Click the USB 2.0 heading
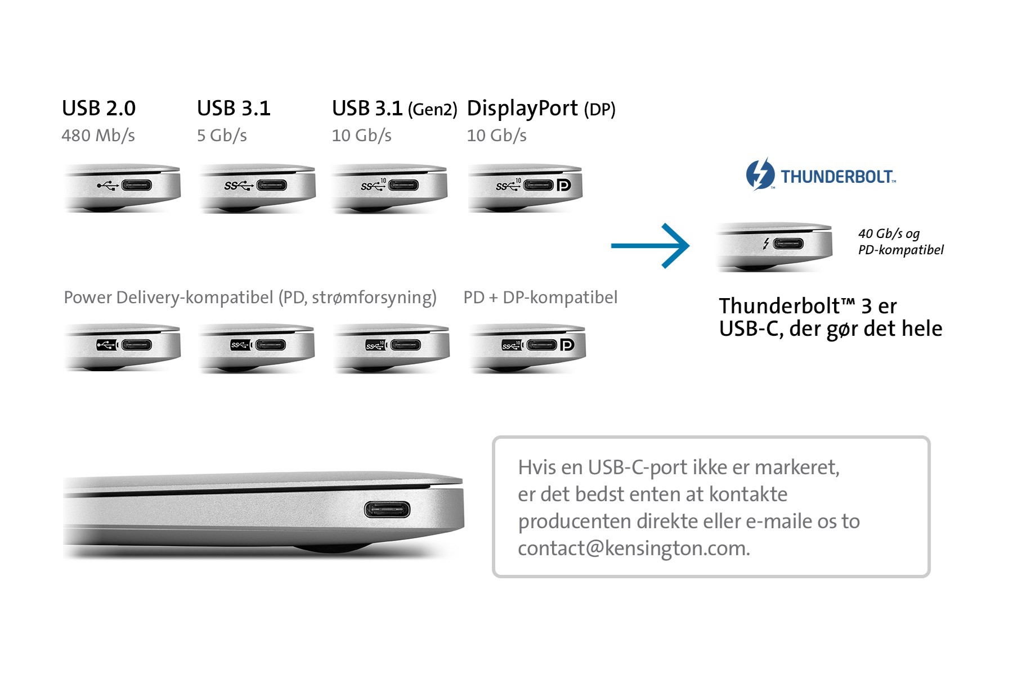point(98,108)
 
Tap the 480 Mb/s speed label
point(98,136)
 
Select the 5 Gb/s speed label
point(222,136)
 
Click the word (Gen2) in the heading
point(432,109)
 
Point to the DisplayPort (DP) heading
point(541,109)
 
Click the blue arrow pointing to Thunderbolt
point(650,246)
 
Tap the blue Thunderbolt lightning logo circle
point(760,174)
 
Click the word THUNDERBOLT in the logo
point(837,177)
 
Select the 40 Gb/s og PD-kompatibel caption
point(900,242)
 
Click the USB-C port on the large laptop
point(387,510)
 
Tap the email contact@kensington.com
point(634,548)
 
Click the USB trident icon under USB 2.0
point(107,186)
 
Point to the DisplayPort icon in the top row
point(563,185)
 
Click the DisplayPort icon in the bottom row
point(567,344)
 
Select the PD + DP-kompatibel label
point(540,298)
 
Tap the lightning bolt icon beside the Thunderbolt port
point(766,244)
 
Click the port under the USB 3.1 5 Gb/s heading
point(272,185)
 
